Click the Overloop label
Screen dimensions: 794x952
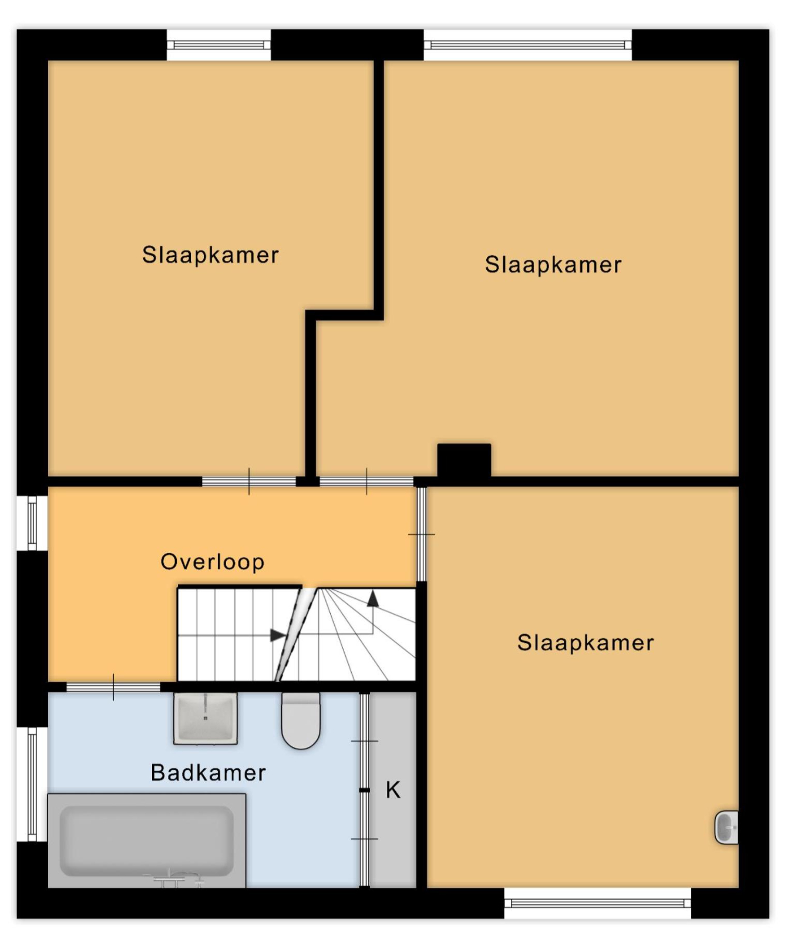213,562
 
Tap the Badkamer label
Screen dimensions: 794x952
208,773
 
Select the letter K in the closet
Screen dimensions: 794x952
393,790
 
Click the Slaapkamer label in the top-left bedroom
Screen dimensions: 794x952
211,256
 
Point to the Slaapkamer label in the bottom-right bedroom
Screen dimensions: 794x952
586,643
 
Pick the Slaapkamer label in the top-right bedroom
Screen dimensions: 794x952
553,265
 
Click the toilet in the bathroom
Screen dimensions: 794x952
301,720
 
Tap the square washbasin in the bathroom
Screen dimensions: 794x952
206,718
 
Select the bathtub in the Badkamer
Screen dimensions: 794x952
147,840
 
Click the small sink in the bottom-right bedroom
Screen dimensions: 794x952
726,827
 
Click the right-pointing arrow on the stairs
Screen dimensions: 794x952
278,635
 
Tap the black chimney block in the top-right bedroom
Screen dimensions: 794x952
464,461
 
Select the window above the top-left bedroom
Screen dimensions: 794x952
218,45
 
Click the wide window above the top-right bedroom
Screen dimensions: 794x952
527,45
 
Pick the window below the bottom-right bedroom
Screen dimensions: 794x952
598,904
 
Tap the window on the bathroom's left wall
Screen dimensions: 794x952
32,785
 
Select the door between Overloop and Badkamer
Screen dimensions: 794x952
113,688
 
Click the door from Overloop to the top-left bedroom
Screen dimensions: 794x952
249,482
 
